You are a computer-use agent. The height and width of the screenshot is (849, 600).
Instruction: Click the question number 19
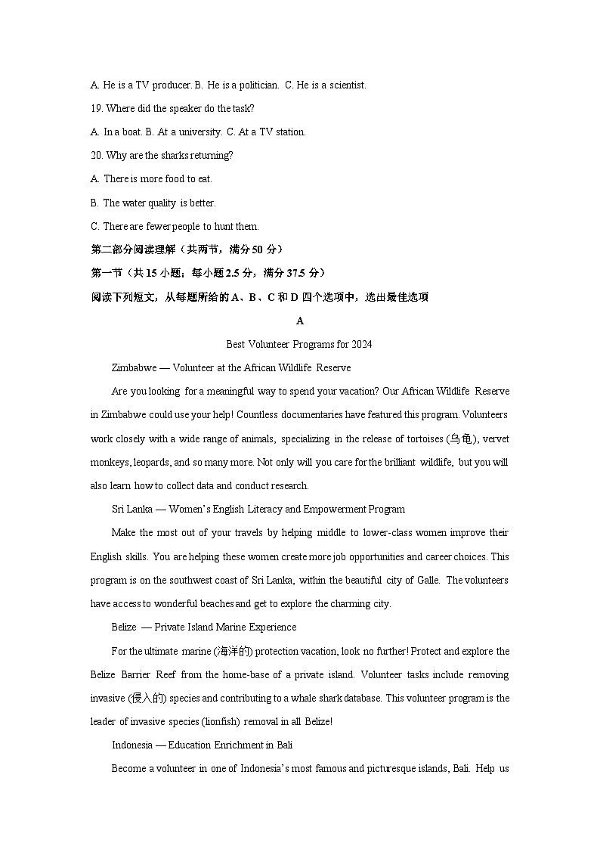pos(97,108)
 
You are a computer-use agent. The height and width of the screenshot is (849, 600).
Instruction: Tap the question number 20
pos(97,156)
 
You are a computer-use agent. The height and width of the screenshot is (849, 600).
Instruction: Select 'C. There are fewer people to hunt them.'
pos(175,226)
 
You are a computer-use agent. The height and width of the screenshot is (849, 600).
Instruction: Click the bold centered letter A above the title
pos(300,321)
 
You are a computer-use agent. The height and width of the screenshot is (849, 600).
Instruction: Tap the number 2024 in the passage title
pos(360,344)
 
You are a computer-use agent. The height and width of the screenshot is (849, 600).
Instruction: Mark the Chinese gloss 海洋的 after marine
pos(232,651)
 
